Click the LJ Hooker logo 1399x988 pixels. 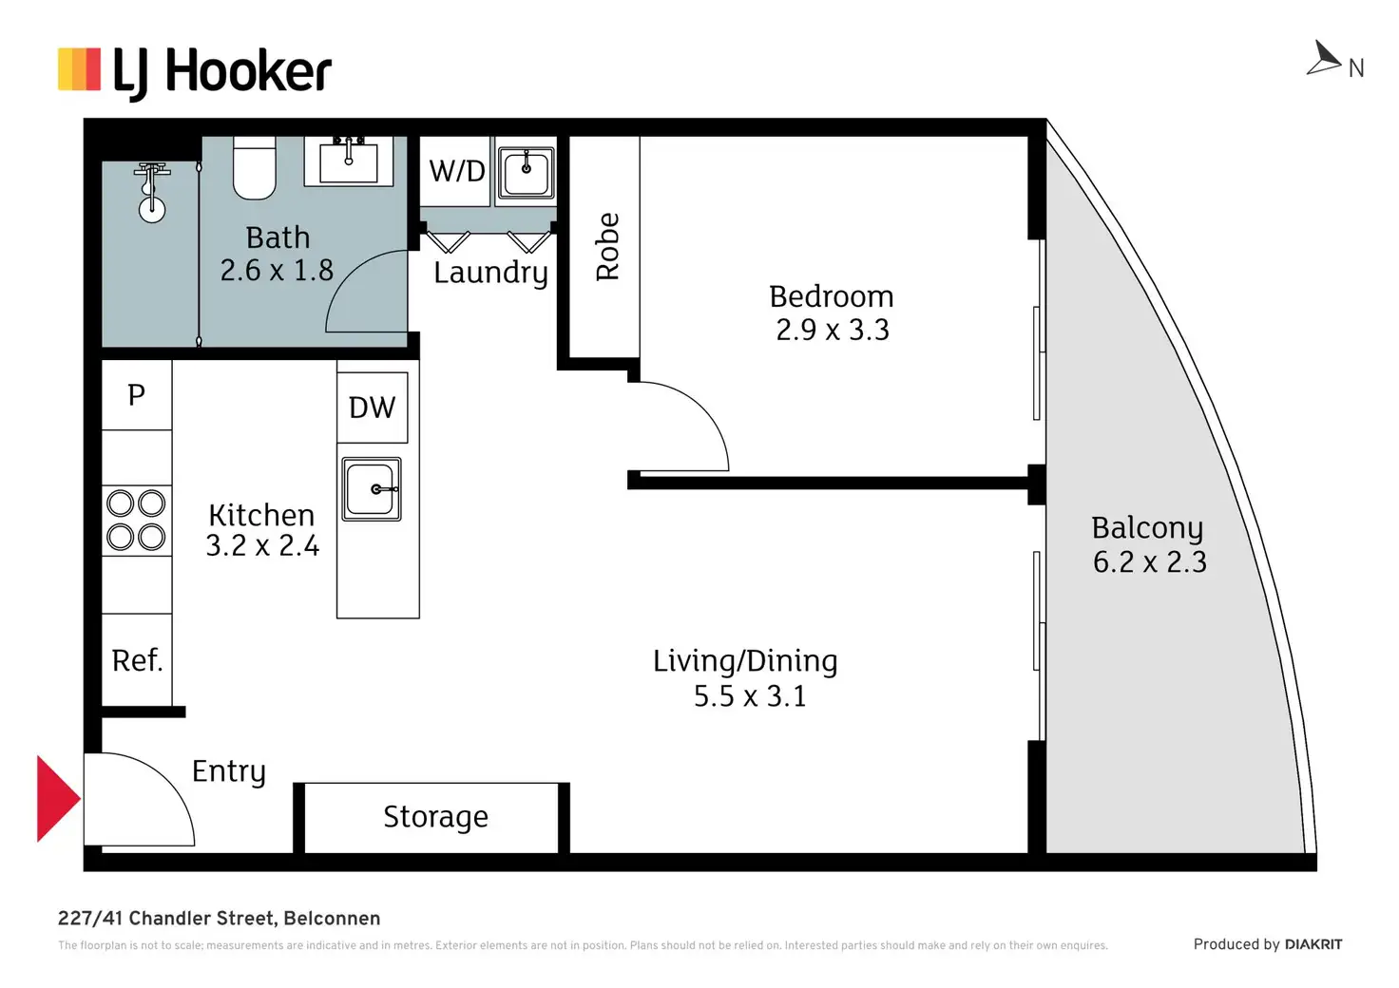(195, 72)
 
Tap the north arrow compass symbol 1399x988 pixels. (1325, 59)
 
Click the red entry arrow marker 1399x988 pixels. (56, 798)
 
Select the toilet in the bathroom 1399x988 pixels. (255, 169)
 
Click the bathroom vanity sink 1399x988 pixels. (349, 161)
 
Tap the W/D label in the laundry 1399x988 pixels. (456, 171)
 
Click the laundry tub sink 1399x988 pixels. (526, 173)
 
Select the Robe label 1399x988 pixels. (606, 247)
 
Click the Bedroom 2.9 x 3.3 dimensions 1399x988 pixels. (833, 330)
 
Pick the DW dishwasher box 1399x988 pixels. (373, 408)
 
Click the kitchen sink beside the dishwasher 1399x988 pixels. (373, 489)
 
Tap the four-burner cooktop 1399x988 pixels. (137, 520)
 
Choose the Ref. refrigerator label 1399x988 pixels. (137, 660)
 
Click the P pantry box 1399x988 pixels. (137, 394)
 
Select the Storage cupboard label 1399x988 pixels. (435, 817)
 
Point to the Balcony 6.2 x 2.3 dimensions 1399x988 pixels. (1149, 562)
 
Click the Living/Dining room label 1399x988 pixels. (745, 661)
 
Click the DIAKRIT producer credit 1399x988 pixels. (1313, 944)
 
